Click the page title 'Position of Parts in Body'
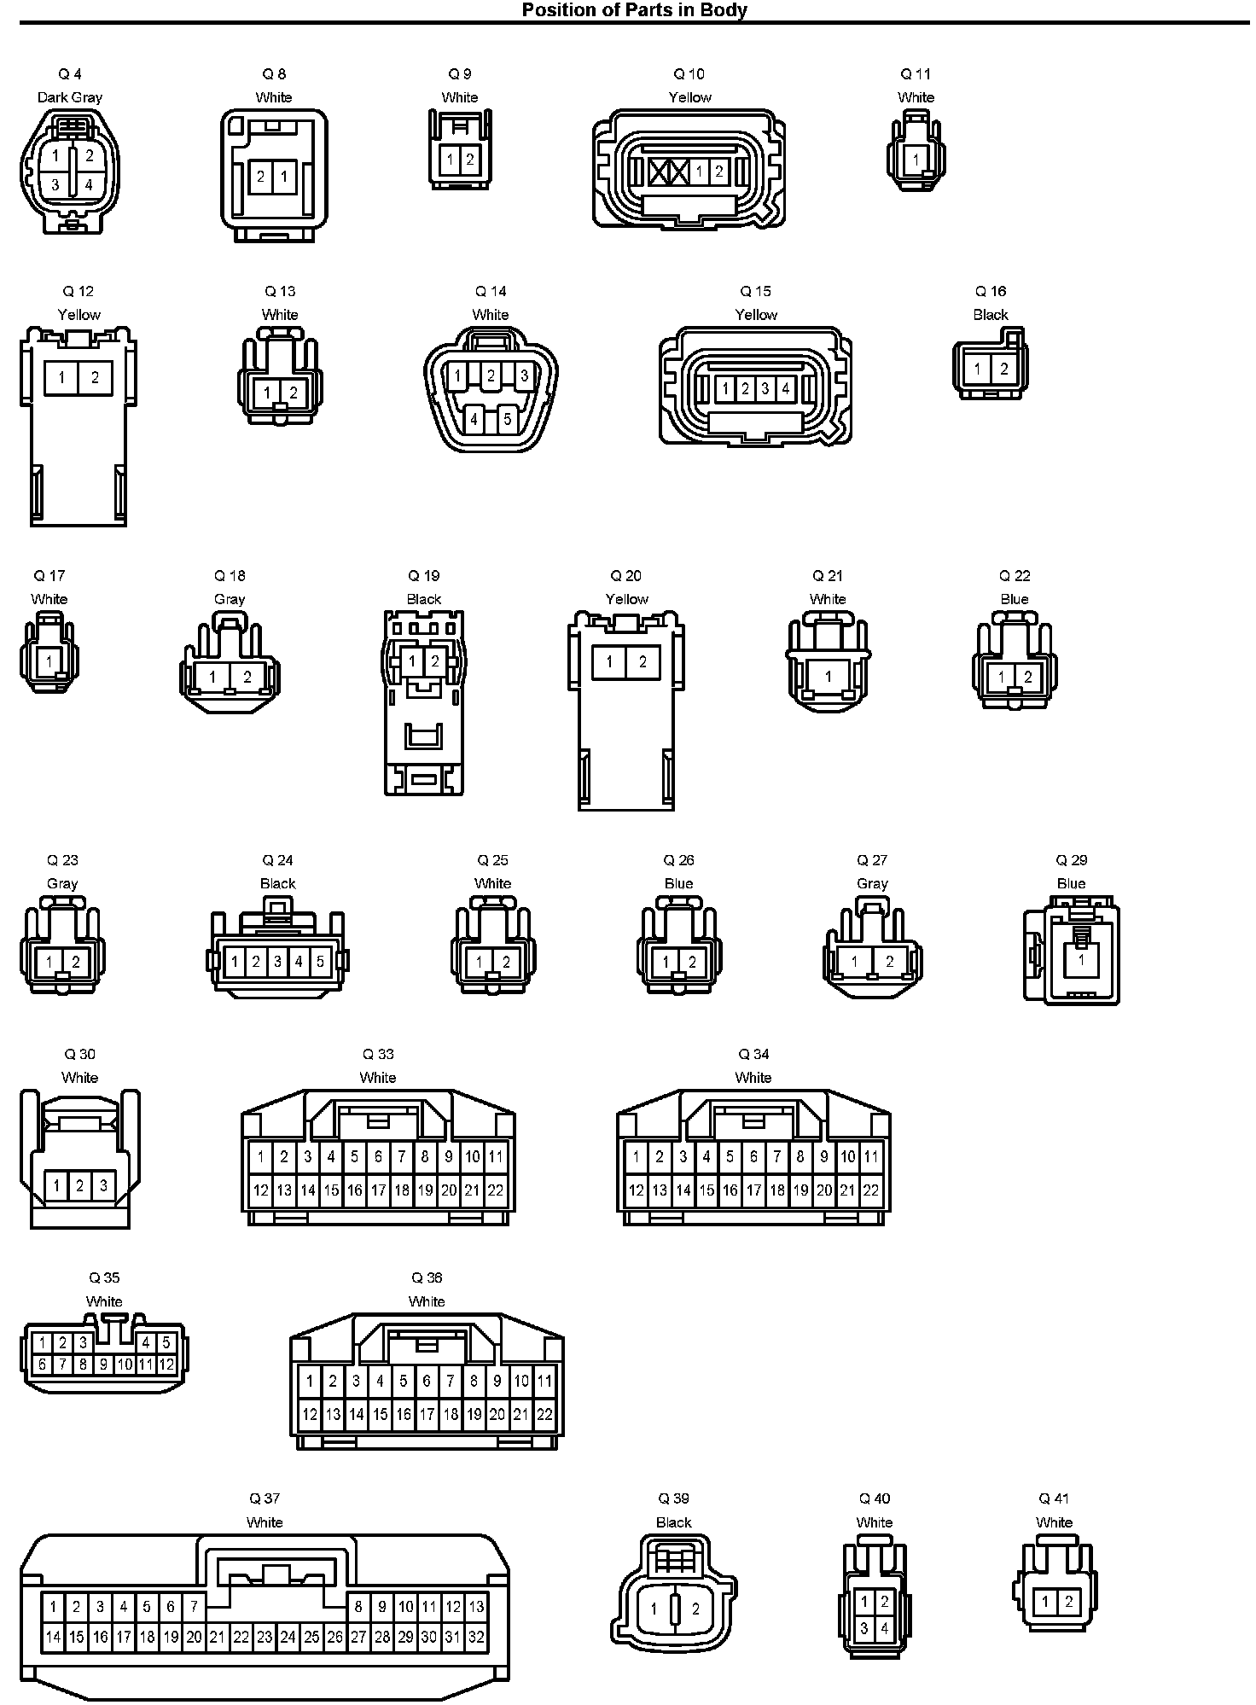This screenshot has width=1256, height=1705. (x=634, y=9)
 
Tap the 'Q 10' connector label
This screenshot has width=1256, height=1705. (x=689, y=74)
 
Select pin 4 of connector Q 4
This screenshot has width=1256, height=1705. (x=89, y=184)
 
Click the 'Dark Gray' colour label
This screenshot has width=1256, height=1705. (x=70, y=97)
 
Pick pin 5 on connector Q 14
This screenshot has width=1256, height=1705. (x=508, y=419)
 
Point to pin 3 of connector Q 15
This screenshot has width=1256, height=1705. (x=765, y=389)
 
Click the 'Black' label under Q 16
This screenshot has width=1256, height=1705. (x=991, y=315)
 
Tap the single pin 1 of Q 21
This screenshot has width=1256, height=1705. (x=828, y=677)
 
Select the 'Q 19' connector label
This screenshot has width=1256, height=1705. (x=424, y=576)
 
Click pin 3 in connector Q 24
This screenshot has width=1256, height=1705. (x=277, y=962)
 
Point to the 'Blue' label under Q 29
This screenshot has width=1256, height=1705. (x=1071, y=884)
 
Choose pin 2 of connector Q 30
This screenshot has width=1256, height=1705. (x=79, y=1185)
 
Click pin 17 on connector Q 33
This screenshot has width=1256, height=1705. (x=378, y=1190)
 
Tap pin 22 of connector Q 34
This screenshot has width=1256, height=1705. (x=870, y=1190)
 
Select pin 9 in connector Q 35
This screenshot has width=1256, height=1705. (x=103, y=1365)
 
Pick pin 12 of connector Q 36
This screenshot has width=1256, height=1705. (x=310, y=1414)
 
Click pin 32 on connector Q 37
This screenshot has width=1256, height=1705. (x=476, y=1637)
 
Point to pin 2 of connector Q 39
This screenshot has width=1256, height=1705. (x=696, y=1609)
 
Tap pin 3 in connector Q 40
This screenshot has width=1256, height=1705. (x=864, y=1628)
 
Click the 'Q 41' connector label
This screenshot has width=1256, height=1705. (x=1054, y=1498)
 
